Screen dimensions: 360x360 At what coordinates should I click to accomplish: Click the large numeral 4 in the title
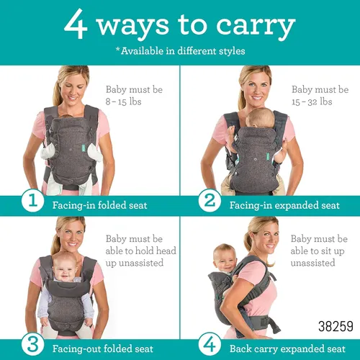click(x=76, y=24)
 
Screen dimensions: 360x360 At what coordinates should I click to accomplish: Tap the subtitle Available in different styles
click(x=181, y=51)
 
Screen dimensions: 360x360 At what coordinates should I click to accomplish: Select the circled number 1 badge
click(x=32, y=200)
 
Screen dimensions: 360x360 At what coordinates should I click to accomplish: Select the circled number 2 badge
click(x=210, y=200)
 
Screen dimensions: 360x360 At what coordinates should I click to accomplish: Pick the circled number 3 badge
click(x=32, y=345)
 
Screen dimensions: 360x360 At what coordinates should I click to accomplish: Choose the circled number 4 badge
click(x=210, y=345)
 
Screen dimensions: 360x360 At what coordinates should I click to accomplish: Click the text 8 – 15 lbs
click(x=123, y=102)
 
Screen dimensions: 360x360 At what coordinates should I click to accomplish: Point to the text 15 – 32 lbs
click(x=312, y=102)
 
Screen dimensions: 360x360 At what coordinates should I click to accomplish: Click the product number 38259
click(x=336, y=326)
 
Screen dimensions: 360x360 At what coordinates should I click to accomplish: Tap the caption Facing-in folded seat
click(x=100, y=205)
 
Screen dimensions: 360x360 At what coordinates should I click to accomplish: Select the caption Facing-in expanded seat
click(x=284, y=205)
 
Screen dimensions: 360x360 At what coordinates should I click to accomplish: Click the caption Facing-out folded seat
click(x=103, y=349)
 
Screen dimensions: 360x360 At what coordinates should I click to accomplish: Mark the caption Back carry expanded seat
click(x=287, y=349)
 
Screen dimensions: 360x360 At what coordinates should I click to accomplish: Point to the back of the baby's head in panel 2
click(x=261, y=117)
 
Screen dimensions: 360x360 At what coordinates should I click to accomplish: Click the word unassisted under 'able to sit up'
click(x=313, y=263)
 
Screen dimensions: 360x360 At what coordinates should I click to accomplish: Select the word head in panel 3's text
click(x=166, y=251)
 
